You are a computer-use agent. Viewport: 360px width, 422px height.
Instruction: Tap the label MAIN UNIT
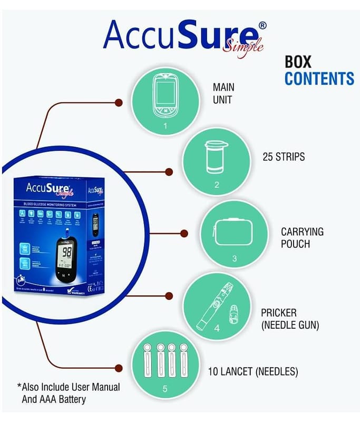pyautogui.click(x=223, y=93)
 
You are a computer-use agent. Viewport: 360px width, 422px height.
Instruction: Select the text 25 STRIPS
pyautogui.click(x=284, y=157)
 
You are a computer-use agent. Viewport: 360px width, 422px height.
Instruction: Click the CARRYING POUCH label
pyautogui.click(x=302, y=238)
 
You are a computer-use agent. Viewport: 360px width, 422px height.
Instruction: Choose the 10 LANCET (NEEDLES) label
pyautogui.click(x=253, y=371)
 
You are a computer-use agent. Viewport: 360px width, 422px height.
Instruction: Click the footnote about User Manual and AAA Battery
pyautogui.click(x=69, y=393)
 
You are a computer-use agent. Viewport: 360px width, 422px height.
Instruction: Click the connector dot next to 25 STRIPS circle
pyautogui.click(x=169, y=171)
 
